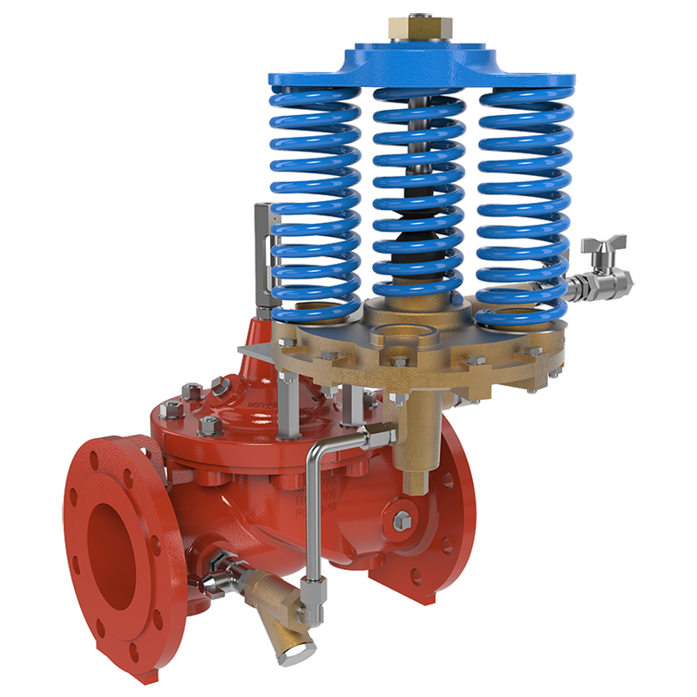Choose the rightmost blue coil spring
point(523,200)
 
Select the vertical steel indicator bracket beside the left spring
point(262,253)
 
